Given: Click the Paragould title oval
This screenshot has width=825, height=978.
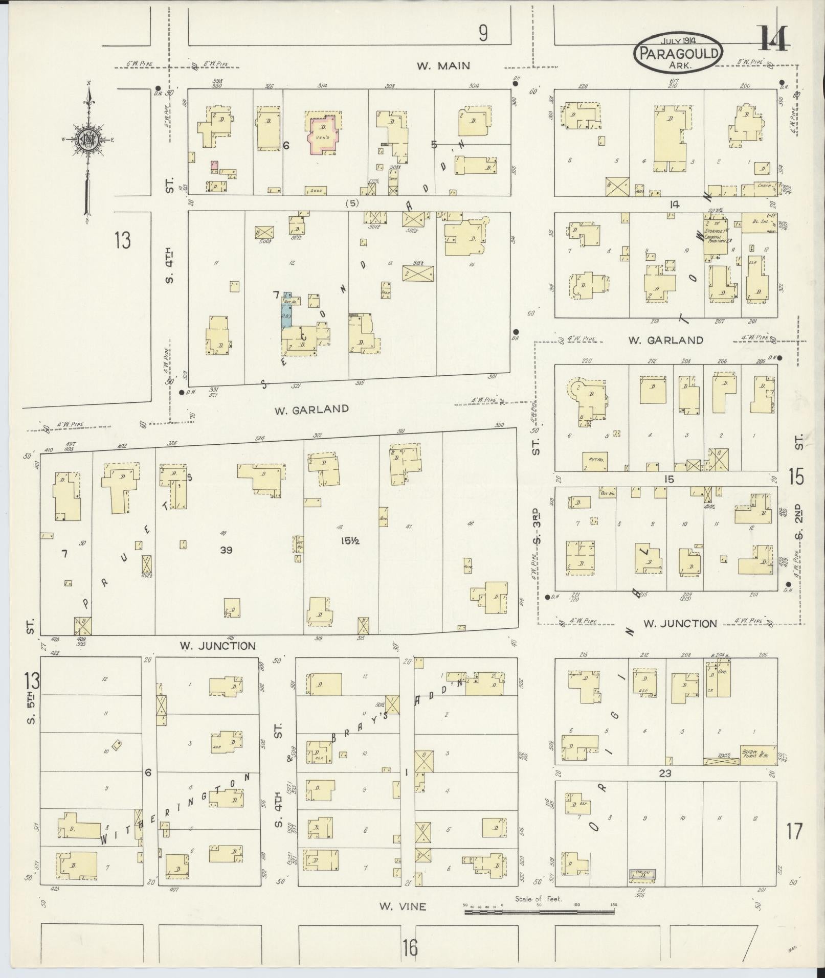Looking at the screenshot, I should (x=678, y=53).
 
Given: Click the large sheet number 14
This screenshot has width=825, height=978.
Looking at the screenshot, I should (x=774, y=38).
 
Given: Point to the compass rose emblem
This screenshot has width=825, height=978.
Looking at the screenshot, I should (x=88, y=139).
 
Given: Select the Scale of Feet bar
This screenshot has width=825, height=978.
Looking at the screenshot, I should (x=540, y=912).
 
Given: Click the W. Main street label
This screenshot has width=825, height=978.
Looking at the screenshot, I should (x=443, y=65).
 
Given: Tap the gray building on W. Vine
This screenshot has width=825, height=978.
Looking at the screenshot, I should (x=641, y=875).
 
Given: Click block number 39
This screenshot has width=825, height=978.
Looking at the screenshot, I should (x=226, y=550).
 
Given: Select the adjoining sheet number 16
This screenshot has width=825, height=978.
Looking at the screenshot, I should (x=410, y=947).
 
